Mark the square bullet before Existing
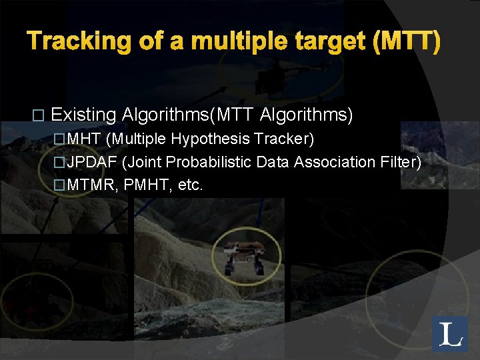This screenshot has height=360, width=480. point(37,116)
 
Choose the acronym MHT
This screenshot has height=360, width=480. point(84,139)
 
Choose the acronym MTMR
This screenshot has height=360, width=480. point(91,185)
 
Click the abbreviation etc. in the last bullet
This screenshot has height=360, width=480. point(189,185)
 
